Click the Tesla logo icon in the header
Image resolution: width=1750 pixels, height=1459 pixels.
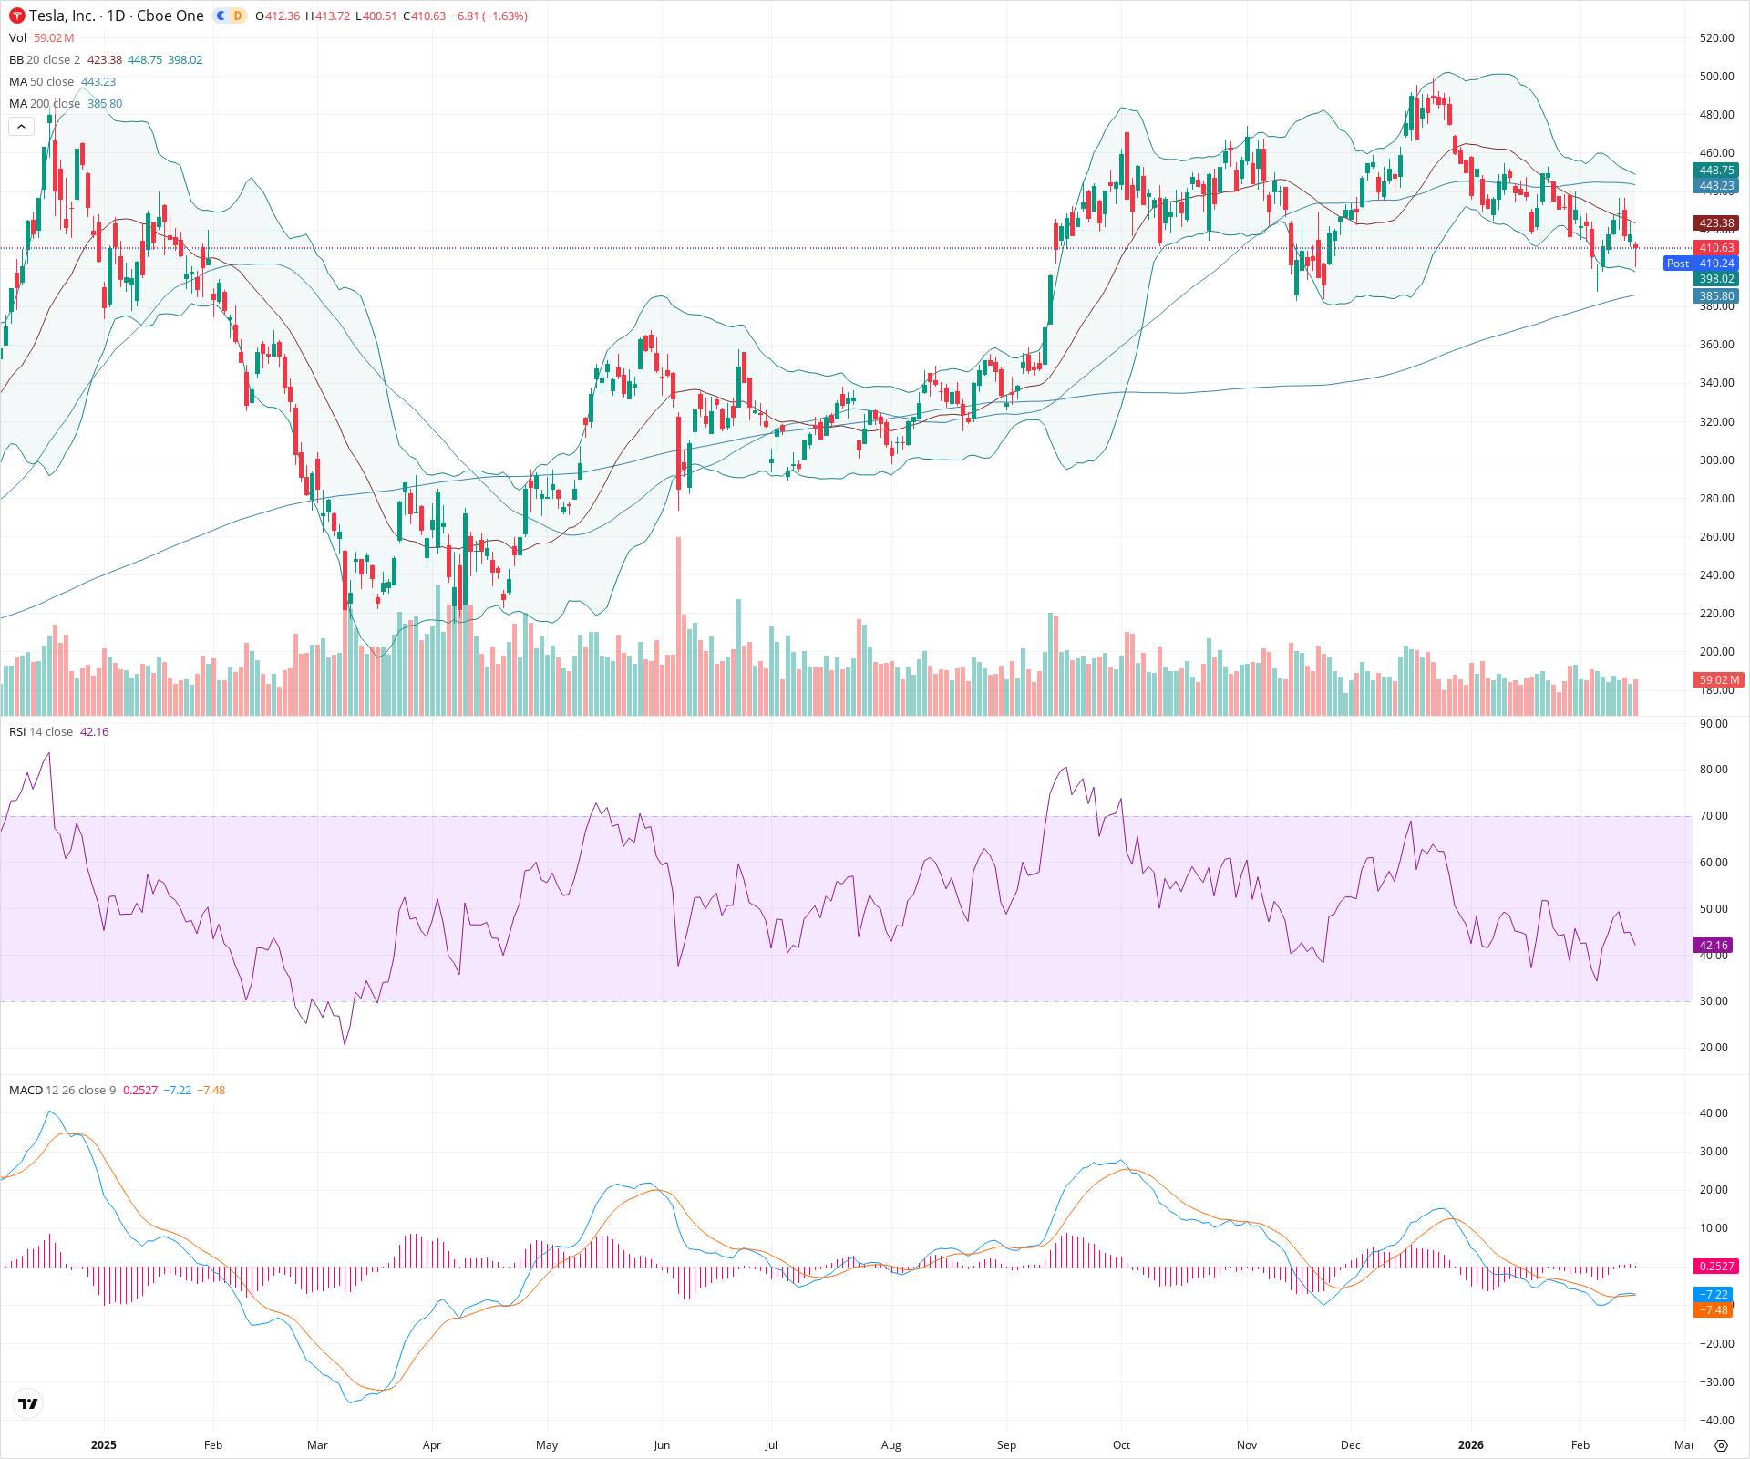point(17,16)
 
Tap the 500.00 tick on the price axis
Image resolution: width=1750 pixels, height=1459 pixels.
point(1716,77)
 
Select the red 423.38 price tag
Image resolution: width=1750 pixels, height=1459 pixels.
point(1716,223)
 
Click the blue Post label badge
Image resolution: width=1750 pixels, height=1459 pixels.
point(1677,264)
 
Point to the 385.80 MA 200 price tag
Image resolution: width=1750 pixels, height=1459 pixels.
point(1716,296)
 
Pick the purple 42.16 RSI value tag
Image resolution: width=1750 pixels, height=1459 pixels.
point(1714,946)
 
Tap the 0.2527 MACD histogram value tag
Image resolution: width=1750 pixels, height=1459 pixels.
point(1716,1267)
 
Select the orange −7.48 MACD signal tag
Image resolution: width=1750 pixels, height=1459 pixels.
point(1714,1310)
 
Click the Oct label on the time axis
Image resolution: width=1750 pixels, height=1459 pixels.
point(1121,1445)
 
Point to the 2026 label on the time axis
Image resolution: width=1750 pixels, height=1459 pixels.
point(1470,1445)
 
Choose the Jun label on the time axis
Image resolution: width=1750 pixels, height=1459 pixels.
point(662,1445)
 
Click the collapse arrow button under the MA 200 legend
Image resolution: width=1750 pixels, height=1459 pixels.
point(21,127)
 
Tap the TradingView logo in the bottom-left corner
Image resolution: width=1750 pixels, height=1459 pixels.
point(28,1404)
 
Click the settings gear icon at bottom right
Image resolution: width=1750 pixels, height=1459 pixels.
point(1721,1445)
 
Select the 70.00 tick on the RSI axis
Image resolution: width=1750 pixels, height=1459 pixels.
point(1714,816)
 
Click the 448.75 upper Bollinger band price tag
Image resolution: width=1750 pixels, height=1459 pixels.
point(1716,171)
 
